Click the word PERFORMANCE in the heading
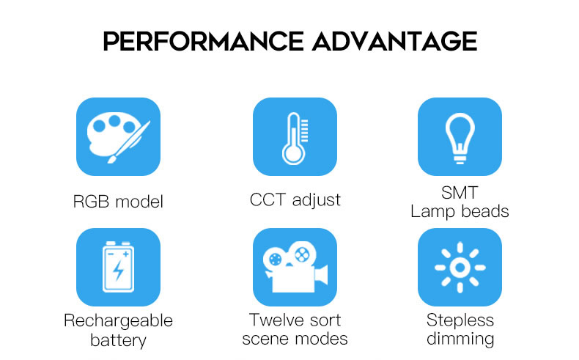[203, 41]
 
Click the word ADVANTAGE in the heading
[395, 41]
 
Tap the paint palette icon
[119, 137]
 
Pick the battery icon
[119, 268]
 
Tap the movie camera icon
[295, 268]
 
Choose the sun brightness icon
[460, 268]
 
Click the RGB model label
[118, 202]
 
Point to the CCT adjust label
[295, 200]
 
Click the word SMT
[460, 192]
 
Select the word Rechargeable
[118, 321]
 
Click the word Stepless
[460, 320]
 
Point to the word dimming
[460, 339]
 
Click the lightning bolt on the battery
[118, 271]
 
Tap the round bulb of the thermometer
[294, 154]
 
